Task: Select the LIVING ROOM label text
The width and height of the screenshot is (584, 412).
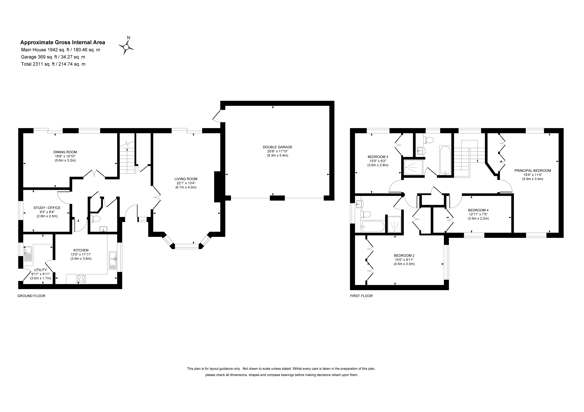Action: [186, 179]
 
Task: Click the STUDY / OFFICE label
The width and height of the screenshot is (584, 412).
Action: [47, 208]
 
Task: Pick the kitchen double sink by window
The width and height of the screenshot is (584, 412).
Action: [112, 261]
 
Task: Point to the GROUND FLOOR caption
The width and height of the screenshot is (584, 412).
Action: [31, 296]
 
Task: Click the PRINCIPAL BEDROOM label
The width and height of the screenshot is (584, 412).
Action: [533, 171]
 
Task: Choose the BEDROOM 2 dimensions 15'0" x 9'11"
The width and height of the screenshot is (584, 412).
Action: [404, 260]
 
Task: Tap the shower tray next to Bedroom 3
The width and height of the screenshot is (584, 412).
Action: [413, 167]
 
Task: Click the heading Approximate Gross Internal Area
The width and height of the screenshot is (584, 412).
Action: [63, 42]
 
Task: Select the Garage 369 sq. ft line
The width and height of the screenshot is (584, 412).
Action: [53, 57]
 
